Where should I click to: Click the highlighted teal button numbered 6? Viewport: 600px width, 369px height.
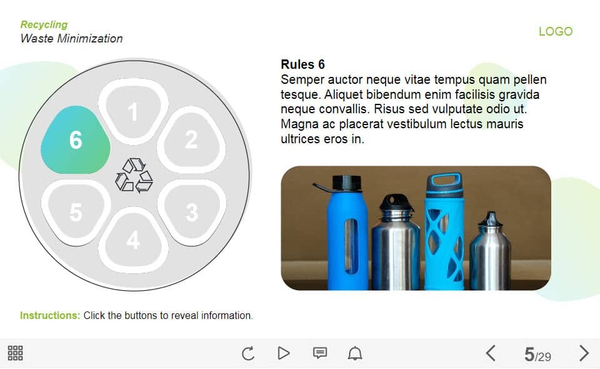76,139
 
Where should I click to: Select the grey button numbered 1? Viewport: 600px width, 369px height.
133,111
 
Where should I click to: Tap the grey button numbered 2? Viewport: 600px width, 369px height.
191,139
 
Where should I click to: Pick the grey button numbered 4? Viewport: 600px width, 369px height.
133,240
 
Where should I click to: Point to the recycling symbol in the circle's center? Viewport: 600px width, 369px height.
134,175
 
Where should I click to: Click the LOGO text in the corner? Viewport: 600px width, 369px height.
556,31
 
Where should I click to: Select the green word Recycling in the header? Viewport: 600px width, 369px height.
44,24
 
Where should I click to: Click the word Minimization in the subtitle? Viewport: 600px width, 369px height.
90,38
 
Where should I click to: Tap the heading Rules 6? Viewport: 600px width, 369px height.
302,64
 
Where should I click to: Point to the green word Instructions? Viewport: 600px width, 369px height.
50,315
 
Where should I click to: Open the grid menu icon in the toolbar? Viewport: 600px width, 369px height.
15,353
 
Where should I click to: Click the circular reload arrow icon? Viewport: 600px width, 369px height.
248,353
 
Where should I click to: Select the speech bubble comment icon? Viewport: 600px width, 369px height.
320,353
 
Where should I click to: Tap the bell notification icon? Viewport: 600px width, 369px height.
355,353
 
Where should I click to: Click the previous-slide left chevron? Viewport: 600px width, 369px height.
491,353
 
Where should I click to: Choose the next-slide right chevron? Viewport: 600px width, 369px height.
584,353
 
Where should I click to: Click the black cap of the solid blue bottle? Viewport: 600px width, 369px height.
346,183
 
